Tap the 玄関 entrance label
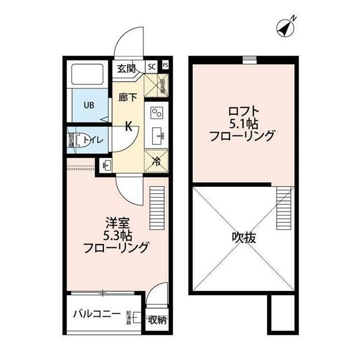[126, 69]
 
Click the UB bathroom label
[89, 105]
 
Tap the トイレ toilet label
[92, 140]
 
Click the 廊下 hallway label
[128, 97]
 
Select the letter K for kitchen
[128, 126]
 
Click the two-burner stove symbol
[157, 113]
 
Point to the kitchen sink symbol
[157, 136]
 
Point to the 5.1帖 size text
[241, 123]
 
